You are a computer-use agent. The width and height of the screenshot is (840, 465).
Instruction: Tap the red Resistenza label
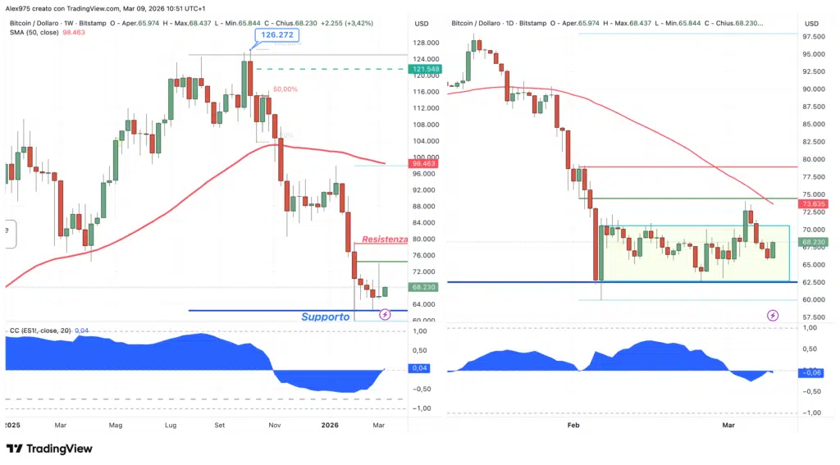(385, 239)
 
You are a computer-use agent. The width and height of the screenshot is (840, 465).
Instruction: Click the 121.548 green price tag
(425, 69)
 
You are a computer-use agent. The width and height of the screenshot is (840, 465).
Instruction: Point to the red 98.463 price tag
(425, 164)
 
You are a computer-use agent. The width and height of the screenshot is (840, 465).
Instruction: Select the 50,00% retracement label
(285, 89)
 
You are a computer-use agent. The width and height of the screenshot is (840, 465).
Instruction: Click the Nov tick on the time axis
(275, 426)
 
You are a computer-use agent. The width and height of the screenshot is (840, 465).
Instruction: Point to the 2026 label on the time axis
(330, 426)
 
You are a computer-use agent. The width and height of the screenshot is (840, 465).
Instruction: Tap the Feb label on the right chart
(573, 426)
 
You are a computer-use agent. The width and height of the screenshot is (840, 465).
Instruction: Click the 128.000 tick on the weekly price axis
(425, 43)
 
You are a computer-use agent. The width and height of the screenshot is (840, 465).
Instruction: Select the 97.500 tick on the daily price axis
(815, 37)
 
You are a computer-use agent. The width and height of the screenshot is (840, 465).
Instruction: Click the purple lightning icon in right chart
(772, 315)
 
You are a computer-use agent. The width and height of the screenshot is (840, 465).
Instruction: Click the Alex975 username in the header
(18, 7)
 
